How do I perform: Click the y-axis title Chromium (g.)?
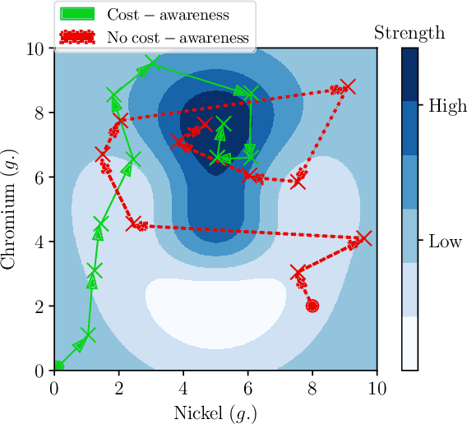point(11,209)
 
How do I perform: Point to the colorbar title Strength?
point(409,34)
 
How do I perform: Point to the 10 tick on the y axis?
point(35,48)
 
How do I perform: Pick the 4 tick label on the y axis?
point(39,242)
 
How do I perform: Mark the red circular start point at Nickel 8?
point(312,306)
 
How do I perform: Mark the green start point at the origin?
point(58,366)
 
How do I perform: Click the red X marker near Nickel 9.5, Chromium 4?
point(363,238)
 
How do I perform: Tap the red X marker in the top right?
point(349,86)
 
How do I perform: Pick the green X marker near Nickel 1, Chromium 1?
point(88,334)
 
